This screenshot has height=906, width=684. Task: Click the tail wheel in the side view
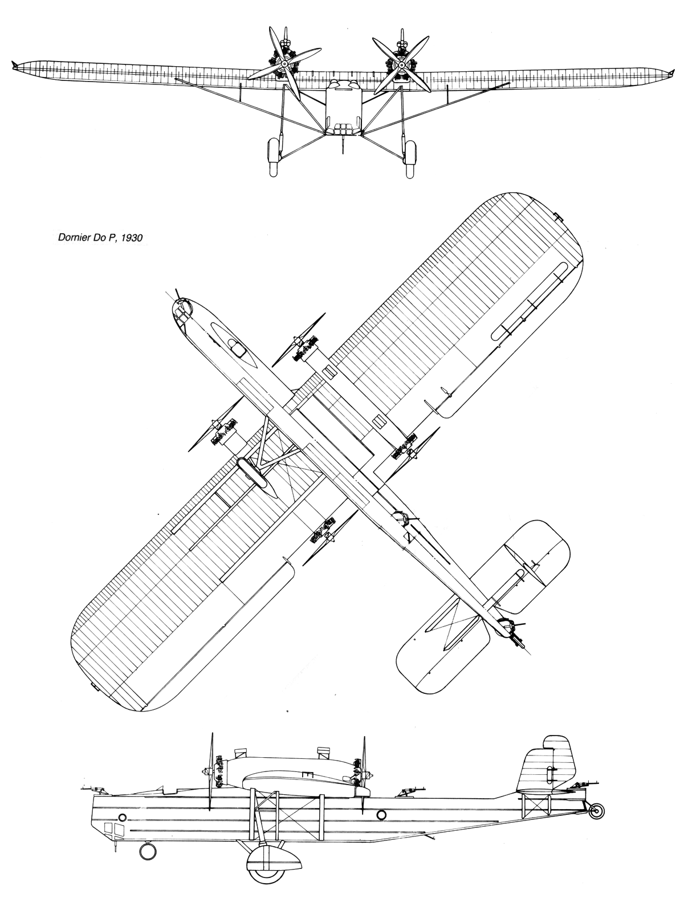595,811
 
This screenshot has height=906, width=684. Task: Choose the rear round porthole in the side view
381,814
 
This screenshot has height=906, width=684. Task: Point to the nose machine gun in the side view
93,790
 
